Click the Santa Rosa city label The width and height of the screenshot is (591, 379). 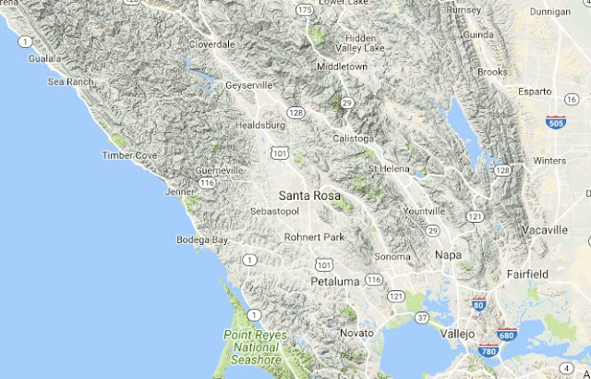point(309,196)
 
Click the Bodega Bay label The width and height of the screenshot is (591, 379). point(202,240)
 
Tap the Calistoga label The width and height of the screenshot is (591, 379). point(355,139)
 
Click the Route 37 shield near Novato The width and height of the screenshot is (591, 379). point(422,317)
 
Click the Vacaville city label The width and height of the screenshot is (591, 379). point(543,229)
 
